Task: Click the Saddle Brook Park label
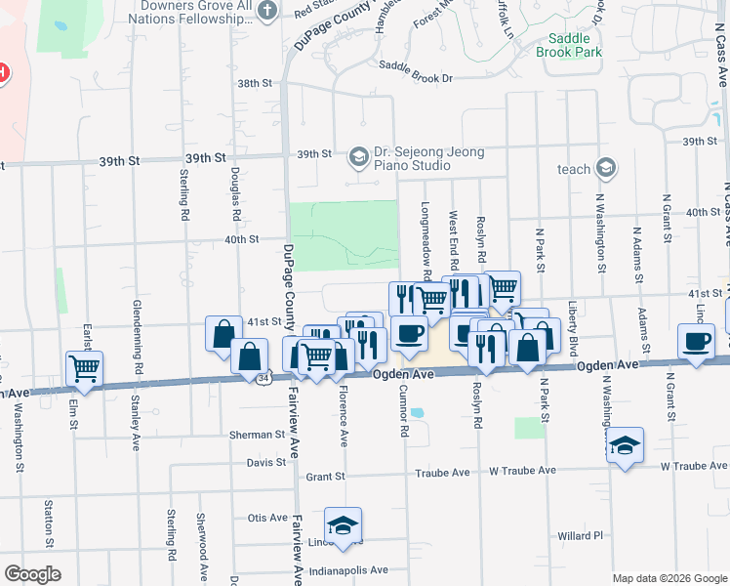pyautogui.click(x=569, y=45)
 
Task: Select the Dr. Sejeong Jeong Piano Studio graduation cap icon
pyautogui.click(x=358, y=155)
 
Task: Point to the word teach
pyautogui.click(x=574, y=169)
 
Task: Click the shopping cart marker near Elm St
pyautogui.click(x=84, y=368)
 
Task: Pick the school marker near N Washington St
pyautogui.click(x=625, y=445)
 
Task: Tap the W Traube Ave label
pyautogui.click(x=522, y=471)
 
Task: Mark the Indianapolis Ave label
pyautogui.click(x=348, y=569)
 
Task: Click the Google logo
pyautogui.click(x=33, y=574)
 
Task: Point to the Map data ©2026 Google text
pyautogui.click(x=669, y=578)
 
